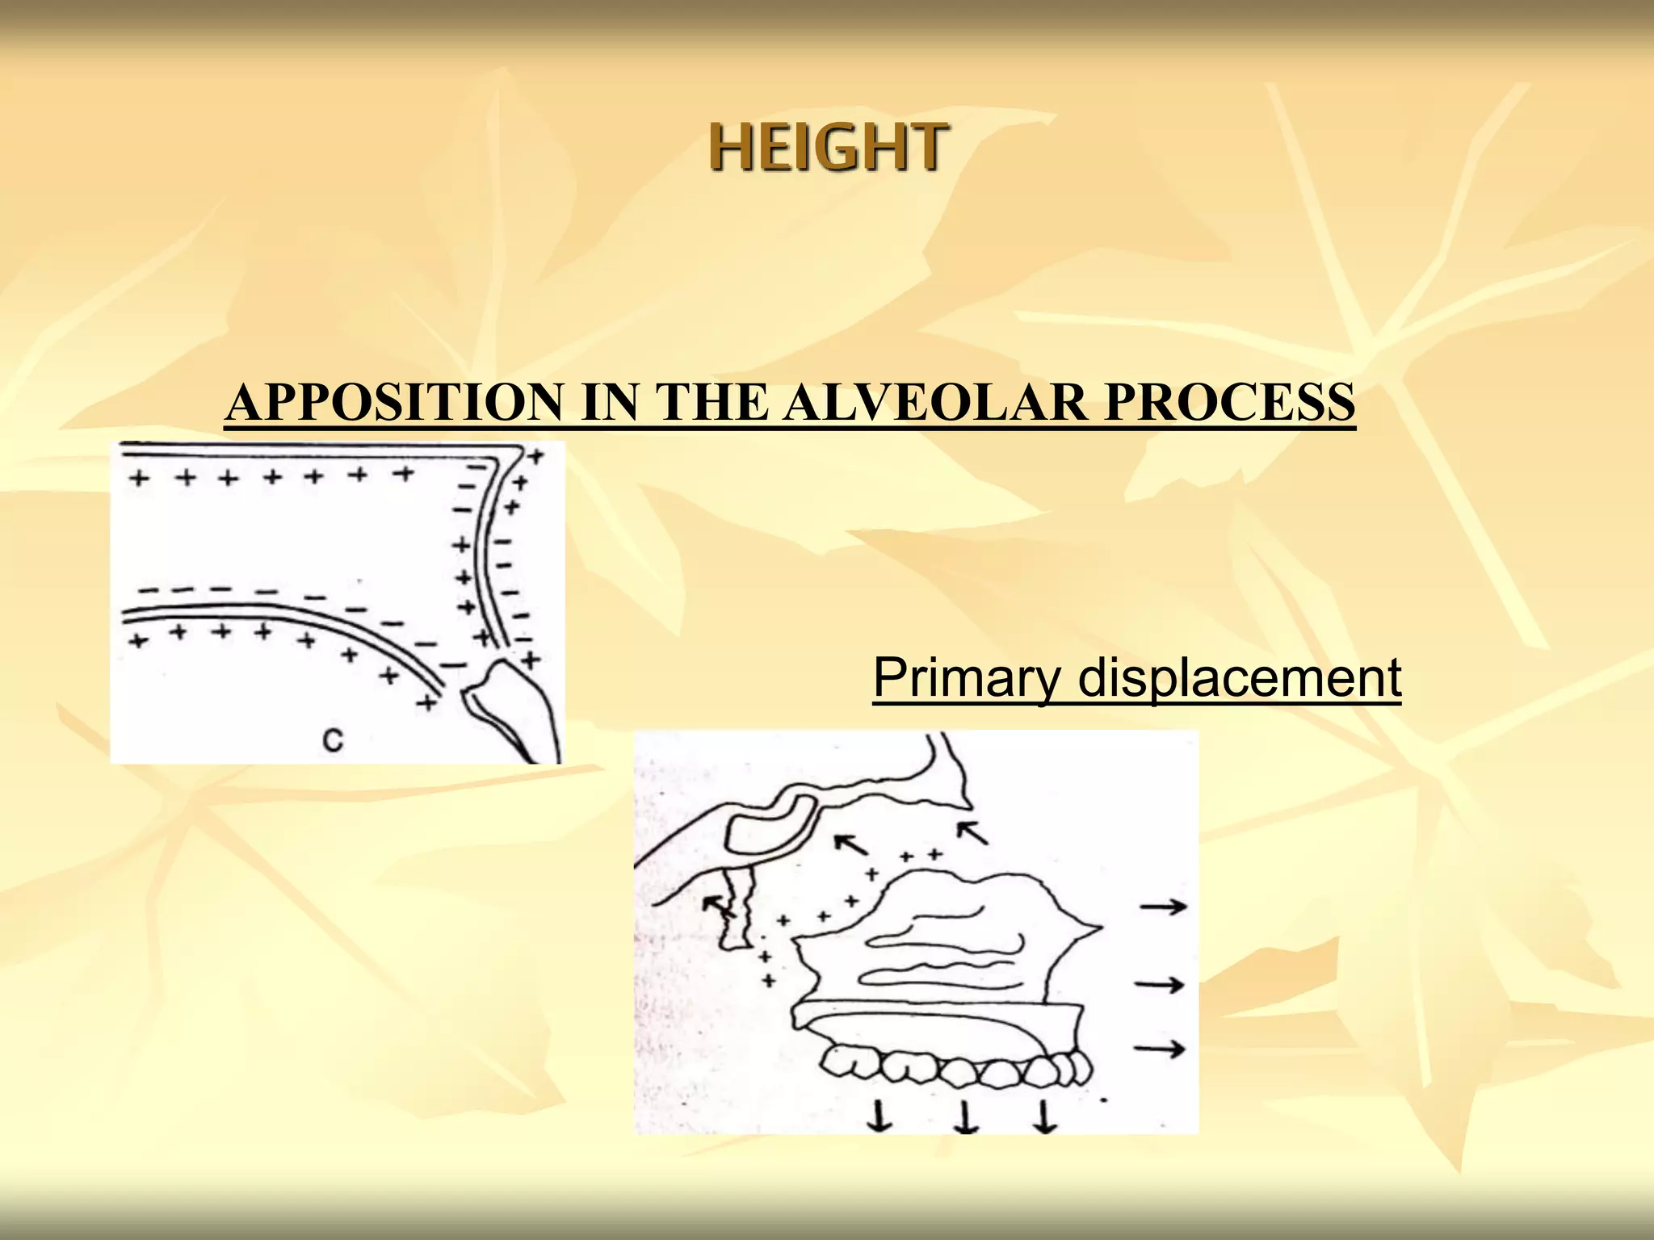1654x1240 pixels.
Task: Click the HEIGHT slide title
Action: [827, 147]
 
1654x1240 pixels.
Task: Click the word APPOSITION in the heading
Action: [396, 402]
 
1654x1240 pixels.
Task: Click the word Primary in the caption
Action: [964, 677]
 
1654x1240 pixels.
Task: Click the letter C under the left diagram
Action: [332, 739]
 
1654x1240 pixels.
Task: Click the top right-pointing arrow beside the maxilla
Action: [1163, 907]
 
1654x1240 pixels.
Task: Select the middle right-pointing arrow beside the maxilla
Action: [1161, 984]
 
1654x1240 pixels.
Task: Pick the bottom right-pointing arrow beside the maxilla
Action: [1160, 1049]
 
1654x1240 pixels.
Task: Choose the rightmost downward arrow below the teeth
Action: [1045, 1117]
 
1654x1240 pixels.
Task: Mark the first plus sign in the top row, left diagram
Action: [139, 479]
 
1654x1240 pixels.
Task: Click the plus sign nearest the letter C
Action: [426, 703]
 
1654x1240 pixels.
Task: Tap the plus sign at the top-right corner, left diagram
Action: [535, 456]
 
